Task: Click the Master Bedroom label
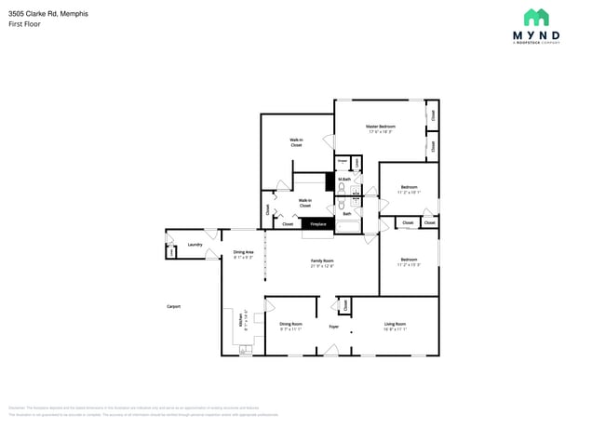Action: point(381,127)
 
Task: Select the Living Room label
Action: point(395,324)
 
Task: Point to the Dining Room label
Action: point(291,324)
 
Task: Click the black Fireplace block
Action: point(318,224)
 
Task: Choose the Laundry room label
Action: point(195,245)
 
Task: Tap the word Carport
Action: point(173,306)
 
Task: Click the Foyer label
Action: point(333,327)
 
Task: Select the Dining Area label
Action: point(243,252)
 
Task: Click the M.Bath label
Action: point(344,179)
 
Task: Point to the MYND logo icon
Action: point(536,17)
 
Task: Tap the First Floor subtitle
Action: point(26,24)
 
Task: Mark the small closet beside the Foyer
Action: point(345,304)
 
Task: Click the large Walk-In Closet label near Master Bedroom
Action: point(296,142)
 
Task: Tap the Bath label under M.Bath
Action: point(347,214)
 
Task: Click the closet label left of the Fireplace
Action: point(288,224)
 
